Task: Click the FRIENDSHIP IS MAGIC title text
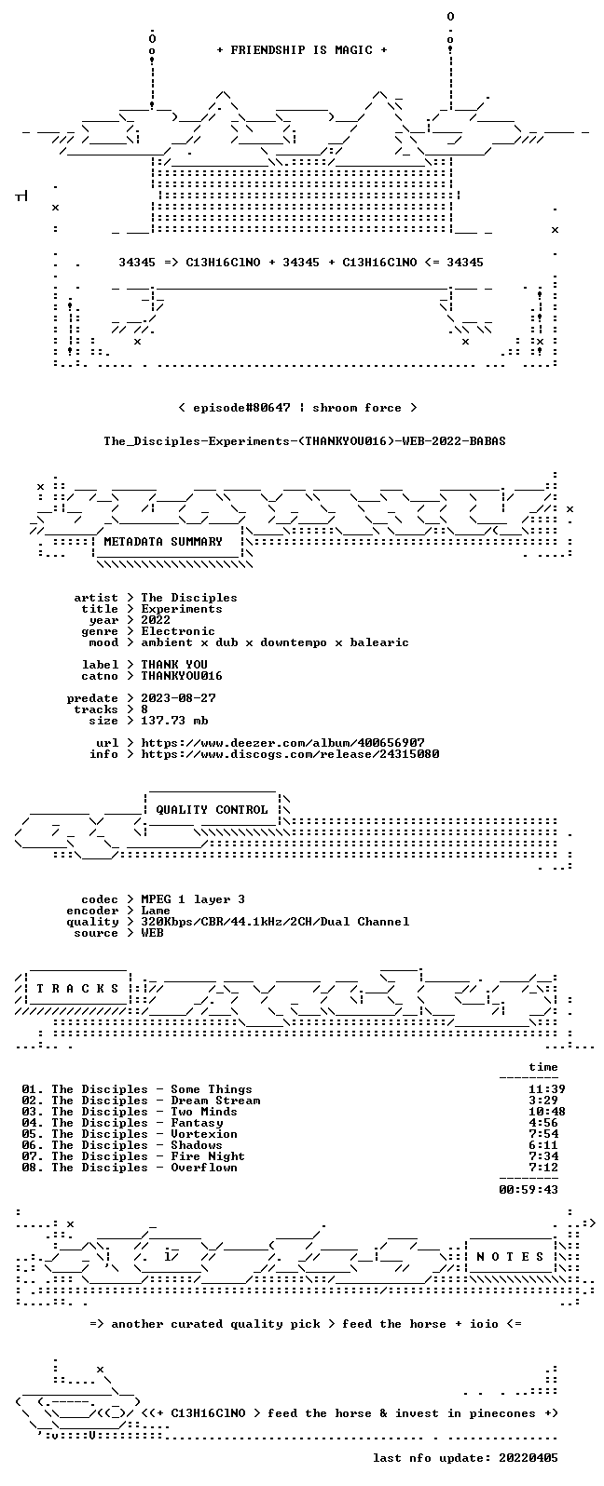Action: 302,49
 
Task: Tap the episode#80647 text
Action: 241,407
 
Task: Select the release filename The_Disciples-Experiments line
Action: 304,441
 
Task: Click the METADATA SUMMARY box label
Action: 163,541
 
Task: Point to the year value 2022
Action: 156,619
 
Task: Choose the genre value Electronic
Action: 178,631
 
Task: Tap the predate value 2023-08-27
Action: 178,698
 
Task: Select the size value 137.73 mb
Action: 174,721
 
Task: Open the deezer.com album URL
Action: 282,743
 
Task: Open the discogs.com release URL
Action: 290,754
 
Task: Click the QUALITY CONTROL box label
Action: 212,809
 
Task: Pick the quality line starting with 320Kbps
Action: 275,922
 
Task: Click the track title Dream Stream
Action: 215,1101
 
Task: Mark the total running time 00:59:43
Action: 528,1190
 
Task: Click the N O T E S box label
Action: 510,1256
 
